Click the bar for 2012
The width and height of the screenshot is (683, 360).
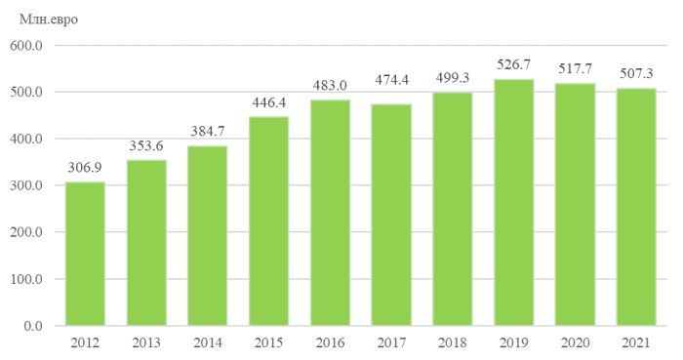tap(86, 254)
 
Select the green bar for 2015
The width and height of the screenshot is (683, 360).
tap(268, 221)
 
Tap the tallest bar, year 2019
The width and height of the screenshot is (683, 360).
tap(513, 202)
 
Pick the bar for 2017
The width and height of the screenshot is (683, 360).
tap(391, 215)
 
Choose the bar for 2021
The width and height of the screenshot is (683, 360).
tap(636, 207)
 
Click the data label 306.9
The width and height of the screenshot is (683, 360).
tap(85, 168)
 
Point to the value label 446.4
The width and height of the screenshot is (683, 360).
tap(268, 102)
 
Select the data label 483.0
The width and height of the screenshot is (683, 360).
tap(330, 85)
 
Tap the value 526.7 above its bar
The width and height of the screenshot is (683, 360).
tap(513, 64)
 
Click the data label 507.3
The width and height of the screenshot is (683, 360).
tap(636, 73)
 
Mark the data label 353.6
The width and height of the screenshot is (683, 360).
tap(146, 145)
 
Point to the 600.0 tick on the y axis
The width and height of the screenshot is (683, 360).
tap(26, 45)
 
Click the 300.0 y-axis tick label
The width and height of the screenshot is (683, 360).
tap(26, 185)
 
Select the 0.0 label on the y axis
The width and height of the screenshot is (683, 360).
tap(33, 326)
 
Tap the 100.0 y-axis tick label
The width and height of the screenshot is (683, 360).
tap(26, 279)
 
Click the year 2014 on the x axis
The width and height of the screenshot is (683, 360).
tap(208, 343)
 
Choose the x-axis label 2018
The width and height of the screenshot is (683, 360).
tap(452, 343)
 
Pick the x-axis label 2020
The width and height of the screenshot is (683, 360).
tap(575, 343)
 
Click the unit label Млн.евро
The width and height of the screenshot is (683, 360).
tap(49, 20)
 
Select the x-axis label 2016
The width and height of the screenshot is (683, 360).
tap(330, 343)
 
